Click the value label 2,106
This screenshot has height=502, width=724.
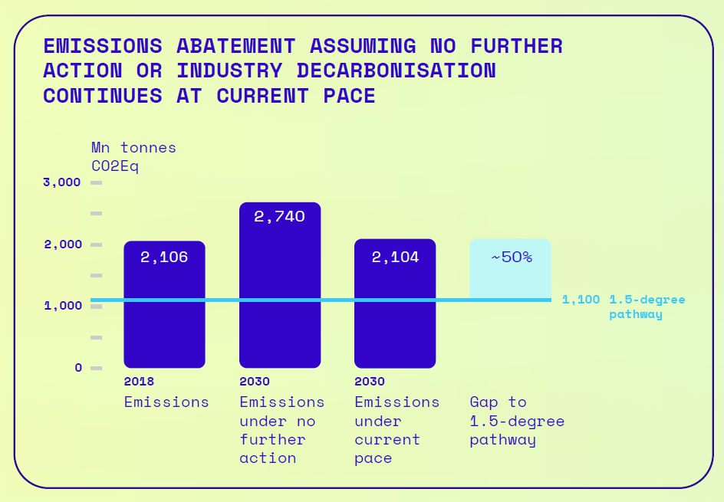[x=164, y=257]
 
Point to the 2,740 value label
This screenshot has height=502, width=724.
[x=279, y=216]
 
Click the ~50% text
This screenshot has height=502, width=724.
[x=512, y=257]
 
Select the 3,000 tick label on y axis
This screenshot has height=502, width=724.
[x=62, y=182]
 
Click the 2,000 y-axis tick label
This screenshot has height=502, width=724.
[x=63, y=244]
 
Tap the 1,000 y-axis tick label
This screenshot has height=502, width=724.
[x=63, y=306]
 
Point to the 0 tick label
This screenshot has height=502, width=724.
[x=78, y=368]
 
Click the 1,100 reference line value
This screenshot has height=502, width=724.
[x=581, y=300]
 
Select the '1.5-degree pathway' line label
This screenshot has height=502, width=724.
[x=647, y=307]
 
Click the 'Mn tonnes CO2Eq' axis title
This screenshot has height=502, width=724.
[x=133, y=157]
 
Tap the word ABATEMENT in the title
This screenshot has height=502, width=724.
[x=236, y=46]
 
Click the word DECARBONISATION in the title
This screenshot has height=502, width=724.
[x=397, y=71]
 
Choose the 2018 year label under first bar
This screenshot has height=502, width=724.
[x=139, y=382]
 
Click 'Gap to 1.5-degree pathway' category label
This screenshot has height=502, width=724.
[x=517, y=421]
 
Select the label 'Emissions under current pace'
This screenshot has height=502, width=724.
[x=397, y=430]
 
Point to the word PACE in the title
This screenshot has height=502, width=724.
[x=349, y=96]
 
